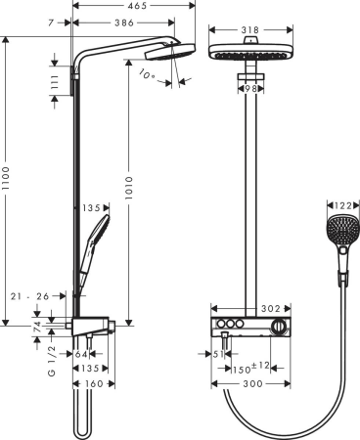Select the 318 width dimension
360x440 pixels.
pyautogui.click(x=248, y=30)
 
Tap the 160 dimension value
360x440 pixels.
pyautogui.click(x=92, y=384)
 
